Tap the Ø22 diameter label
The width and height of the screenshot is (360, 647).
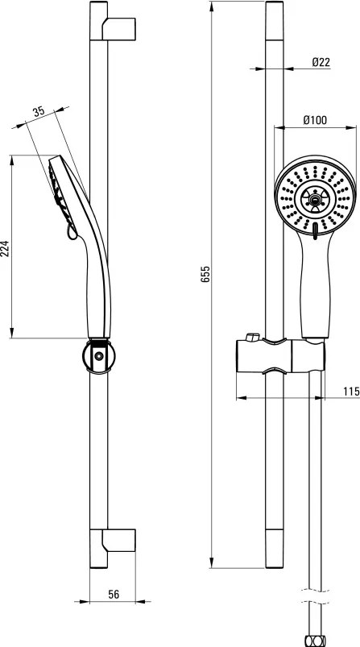tap(321, 62)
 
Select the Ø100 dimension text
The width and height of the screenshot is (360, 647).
tap(315, 120)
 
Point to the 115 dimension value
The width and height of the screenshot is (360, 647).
tap(351, 391)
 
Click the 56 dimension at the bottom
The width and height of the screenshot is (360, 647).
tap(114, 594)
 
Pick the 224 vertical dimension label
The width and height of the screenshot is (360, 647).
tap(5, 249)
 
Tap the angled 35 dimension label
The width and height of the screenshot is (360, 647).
tap(39, 111)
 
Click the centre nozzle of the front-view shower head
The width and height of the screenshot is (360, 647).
tap(315, 200)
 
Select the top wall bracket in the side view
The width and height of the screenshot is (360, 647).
tap(118, 28)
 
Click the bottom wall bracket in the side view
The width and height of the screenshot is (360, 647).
tap(118, 540)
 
